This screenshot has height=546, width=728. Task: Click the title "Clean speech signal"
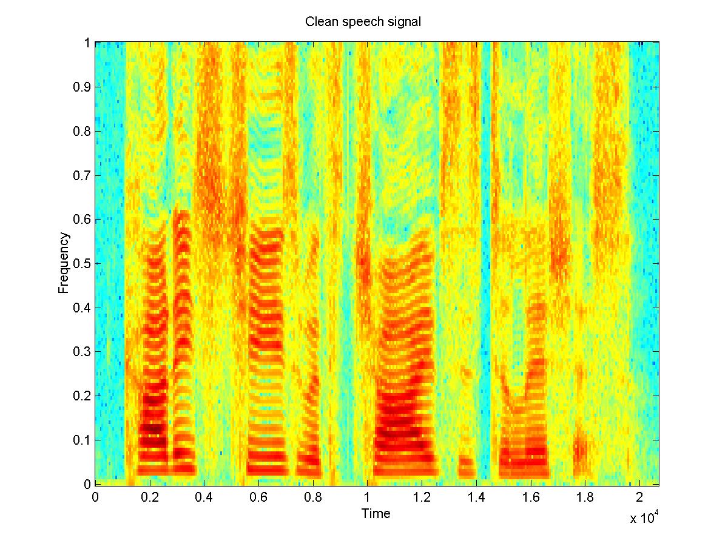pos(363,22)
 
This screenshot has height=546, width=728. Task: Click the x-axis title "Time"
pos(376,514)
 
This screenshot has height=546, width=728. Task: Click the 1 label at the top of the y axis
pos(87,43)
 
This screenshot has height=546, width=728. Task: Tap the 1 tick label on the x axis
pos(367,497)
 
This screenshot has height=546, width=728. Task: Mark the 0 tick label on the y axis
pos(87,484)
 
